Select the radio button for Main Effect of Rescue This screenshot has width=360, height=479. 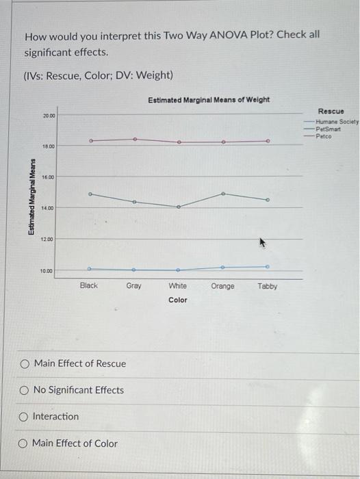coord(25,363)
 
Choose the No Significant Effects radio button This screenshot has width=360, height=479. coord(25,390)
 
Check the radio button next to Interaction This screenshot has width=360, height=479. coord(25,417)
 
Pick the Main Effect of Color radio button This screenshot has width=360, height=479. coord(25,443)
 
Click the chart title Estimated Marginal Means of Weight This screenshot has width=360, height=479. coord(209,100)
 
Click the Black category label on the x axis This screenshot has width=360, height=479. coord(89,286)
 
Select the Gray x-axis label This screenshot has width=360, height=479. coord(134,286)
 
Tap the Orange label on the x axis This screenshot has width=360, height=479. coord(222,286)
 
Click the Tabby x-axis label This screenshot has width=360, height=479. coord(268,286)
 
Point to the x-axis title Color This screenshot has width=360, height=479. coord(178,300)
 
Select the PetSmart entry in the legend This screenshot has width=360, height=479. coord(328,128)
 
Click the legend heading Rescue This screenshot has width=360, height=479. coord(331,111)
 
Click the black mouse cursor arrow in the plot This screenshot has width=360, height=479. coord(261,242)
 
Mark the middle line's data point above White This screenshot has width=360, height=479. coord(179,207)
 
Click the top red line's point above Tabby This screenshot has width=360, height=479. coord(268,141)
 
